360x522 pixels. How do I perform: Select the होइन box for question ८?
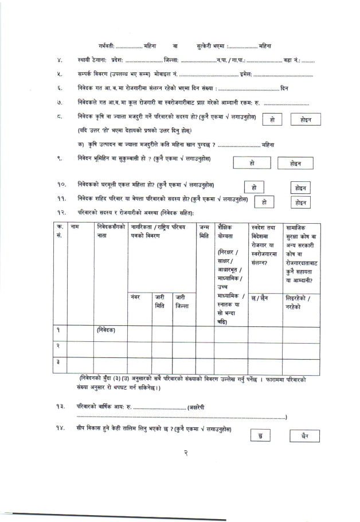point(305,119)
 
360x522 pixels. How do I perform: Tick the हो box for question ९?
point(252,163)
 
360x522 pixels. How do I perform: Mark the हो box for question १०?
point(253,188)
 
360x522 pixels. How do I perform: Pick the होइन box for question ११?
point(301,202)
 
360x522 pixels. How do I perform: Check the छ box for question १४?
point(261,437)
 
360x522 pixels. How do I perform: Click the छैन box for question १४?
point(304,437)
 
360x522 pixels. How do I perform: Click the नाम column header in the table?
point(75,228)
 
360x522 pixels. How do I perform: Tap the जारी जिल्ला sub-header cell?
point(183,301)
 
